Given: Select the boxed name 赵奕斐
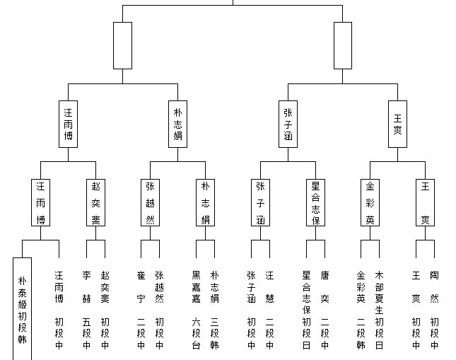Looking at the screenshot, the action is (95, 202).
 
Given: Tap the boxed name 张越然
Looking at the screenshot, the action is (150, 202).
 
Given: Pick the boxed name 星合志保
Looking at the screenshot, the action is (315, 202).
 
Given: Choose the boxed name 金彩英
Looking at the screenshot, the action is (370, 202).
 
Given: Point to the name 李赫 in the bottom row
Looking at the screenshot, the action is (86, 287).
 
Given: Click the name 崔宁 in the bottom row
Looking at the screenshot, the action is (141, 287).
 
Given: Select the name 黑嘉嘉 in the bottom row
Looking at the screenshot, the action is (196, 287).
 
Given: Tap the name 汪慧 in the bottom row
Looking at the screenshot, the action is (269, 287).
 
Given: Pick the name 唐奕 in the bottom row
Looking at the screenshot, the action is (325, 287).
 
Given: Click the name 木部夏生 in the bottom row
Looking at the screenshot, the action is (379, 293).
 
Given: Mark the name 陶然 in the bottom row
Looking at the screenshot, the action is (434, 287).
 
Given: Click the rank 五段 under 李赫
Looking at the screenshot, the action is (86, 327).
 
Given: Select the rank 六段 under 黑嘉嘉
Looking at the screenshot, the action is (196, 327).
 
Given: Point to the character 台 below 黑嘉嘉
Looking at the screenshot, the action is (196, 345).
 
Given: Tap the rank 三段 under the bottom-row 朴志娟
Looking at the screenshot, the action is (214, 327).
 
